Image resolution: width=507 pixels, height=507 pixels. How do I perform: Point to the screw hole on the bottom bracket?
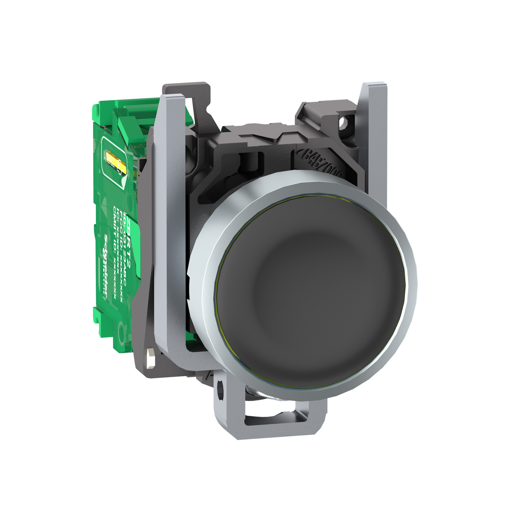coord(221,387)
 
